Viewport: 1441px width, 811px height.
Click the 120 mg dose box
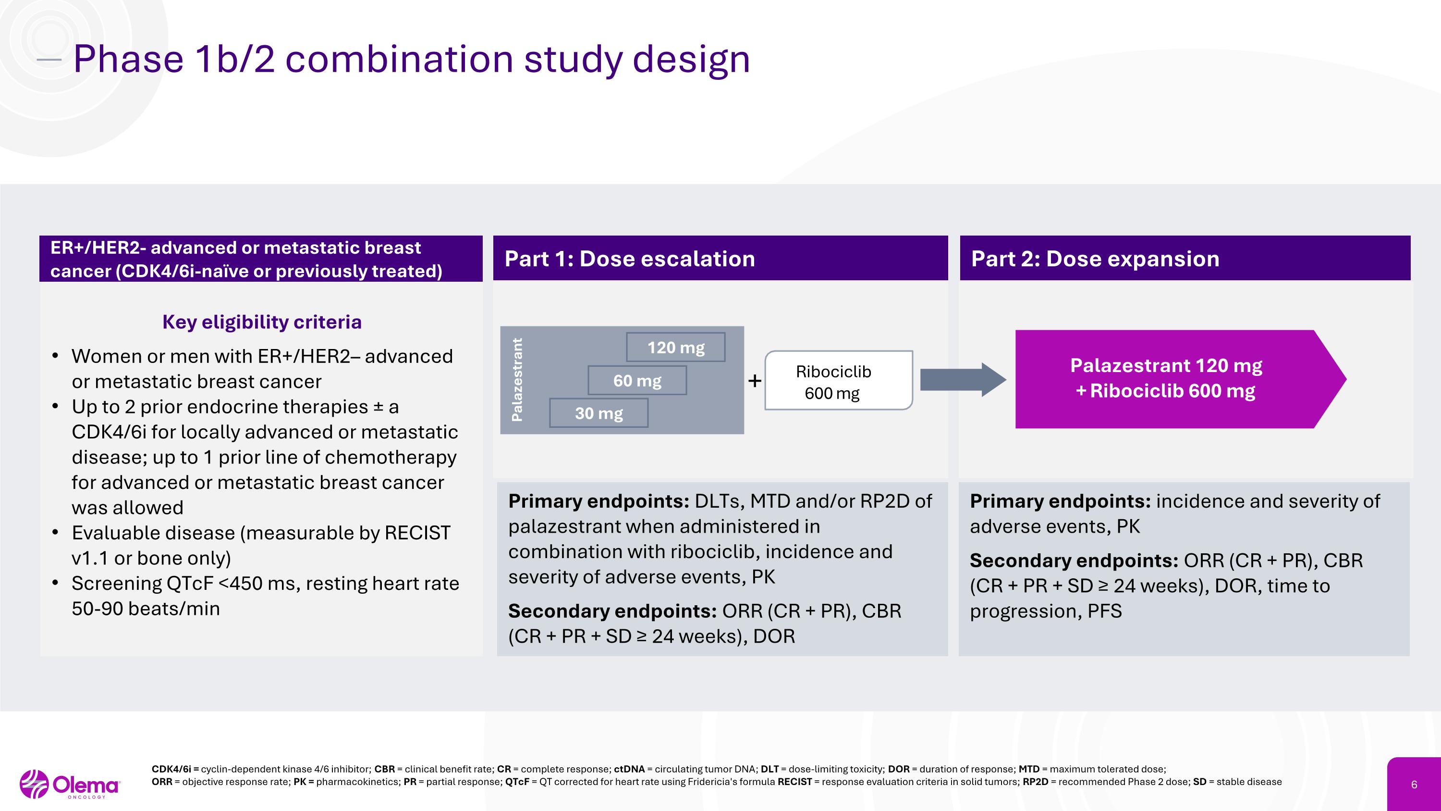click(675, 348)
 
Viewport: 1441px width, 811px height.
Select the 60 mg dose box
click(636, 381)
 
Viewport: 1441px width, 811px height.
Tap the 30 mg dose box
click(598, 413)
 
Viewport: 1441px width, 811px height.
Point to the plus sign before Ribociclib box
click(755, 381)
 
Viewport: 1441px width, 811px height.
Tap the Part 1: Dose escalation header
click(630, 259)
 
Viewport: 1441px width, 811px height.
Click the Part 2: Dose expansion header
click(1095, 259)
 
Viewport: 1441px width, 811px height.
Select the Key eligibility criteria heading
click(262, 322)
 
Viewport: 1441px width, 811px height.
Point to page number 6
click(1414, 785)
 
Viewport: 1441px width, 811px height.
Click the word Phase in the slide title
click(128, 59)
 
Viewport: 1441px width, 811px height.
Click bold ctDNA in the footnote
click(629, 770)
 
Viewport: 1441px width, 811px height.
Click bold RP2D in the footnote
click(1036, 782)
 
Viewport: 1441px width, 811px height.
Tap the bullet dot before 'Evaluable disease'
click(55, 533)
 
